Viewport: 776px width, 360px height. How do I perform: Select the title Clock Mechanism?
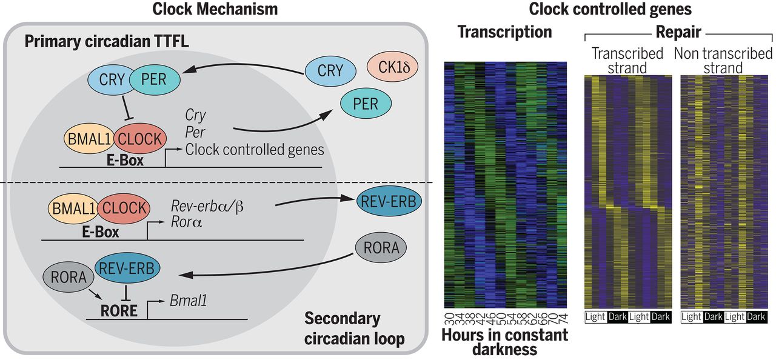coord(215,9)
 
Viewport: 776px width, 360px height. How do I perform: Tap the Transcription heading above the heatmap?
coord(504,32)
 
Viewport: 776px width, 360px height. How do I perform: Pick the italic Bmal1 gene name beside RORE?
coord(189,299)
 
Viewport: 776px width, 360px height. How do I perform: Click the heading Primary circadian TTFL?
coord(107,42)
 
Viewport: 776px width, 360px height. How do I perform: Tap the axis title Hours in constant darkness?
coord(504,341)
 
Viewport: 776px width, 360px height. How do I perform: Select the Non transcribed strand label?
coord(723,61)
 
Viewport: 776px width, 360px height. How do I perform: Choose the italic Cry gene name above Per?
coord(196,115)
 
